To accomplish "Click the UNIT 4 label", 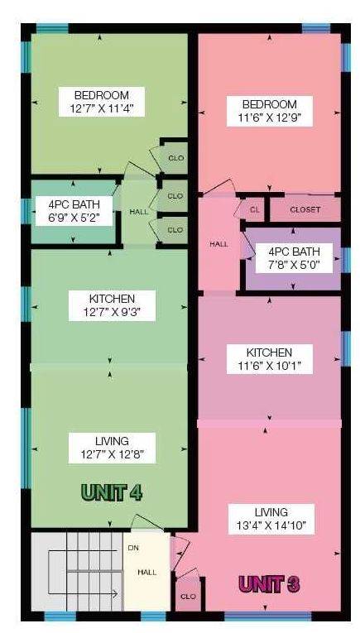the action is (x=112, y=492).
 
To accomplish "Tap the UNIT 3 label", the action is (x=269, y=583).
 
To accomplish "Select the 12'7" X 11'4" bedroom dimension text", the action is (x=102, y=108).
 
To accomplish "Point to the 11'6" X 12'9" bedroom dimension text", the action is (x=270, y=117).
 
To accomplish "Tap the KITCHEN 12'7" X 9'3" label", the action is (x=112, y=305).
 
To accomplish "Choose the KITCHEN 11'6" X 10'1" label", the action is (x=270, y=359).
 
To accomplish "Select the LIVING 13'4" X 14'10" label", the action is (x=271, y=519).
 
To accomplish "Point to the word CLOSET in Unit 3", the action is (x=305, y=210).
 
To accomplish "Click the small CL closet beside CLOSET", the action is (x=254, y=209).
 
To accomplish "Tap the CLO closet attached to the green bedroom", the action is (x=175, y=158).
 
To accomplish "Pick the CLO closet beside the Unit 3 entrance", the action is (x=189, y=597).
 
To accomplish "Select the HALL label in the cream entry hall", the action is (x=147, y=572).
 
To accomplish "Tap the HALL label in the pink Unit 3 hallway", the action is (x=218, y=244).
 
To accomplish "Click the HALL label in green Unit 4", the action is (x=138, y=212).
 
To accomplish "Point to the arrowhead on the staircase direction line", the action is (x=115, y=594).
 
